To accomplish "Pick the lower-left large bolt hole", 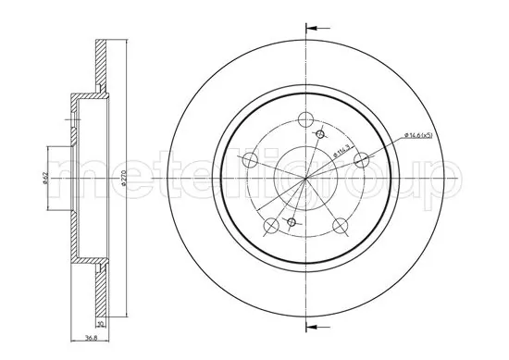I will tap(270, 225).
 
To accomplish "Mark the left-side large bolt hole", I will tap(248, 160).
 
